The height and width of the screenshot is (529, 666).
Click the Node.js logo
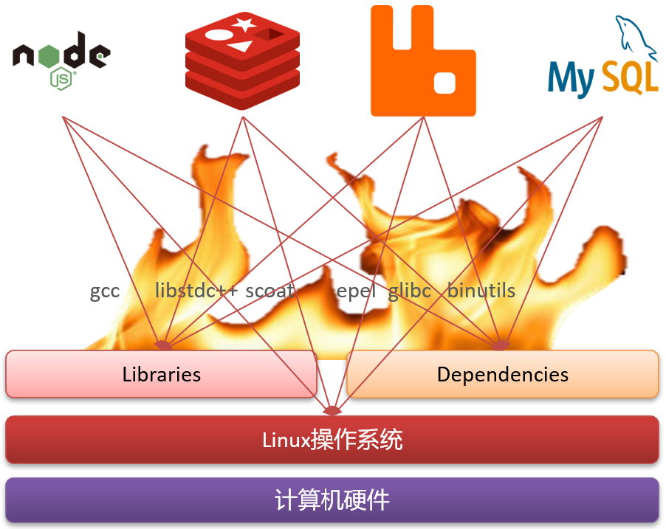point(61,59)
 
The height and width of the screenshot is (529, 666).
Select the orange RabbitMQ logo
point(423,61)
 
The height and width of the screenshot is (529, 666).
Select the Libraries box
point(162,374)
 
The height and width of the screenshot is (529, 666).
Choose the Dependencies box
point(502,374)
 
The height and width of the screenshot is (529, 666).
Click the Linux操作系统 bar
point(332,440)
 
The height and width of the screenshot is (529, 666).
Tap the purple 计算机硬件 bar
point(332,501)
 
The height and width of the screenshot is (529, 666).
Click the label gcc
point(105,291)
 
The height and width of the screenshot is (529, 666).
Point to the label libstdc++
point(196,291)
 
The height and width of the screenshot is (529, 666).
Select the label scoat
point(270,291)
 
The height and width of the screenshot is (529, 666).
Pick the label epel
point(357,291)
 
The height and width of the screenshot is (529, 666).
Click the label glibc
point(410,291)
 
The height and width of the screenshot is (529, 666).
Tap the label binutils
point(481,291)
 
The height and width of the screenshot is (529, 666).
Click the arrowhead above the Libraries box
point(162,345)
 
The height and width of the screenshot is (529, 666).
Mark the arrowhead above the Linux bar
point(333,410)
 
